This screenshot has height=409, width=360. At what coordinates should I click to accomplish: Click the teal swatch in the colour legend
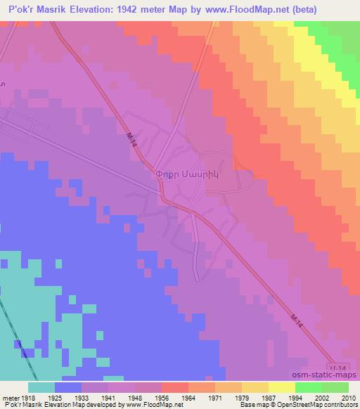[x=41, y=387]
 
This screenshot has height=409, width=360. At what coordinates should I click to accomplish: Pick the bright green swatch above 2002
[x=308, y=387]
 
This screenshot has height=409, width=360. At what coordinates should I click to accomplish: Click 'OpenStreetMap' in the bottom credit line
[x=297, y=405]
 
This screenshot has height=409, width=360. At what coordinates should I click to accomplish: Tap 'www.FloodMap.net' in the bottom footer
[x=155, y=405]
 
